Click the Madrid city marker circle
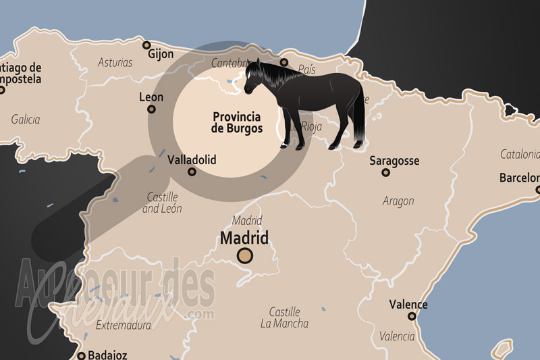(x=244, y=255)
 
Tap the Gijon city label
(x=161, y=54)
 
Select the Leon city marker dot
(x=152, y=109)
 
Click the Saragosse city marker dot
(x=385, y=172)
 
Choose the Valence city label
(x=409, y=305)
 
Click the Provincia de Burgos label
(x=236, y=122)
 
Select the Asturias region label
(x=115, y=63)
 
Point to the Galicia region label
(x=26, y=120)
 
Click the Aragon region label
(x=398, y=201)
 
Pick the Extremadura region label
(x=123, y=326)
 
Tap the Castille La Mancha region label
(x=284, y=317)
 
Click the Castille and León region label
(x=163, y=203)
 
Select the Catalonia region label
(x=520, y=154)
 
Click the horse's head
(x=254, y=78)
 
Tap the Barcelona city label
(x=519, y=178)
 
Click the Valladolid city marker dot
(x=192, y=172)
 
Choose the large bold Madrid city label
(x=244, y=238)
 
